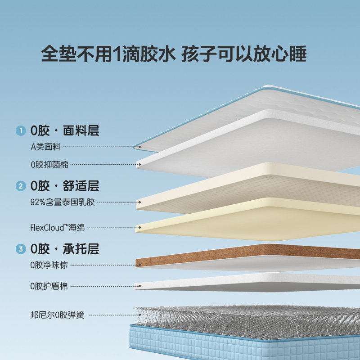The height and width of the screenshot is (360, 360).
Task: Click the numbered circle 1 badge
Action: [20, 131]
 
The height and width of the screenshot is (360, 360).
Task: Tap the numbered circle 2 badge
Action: [20, 186]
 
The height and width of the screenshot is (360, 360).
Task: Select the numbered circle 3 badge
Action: [20, 249]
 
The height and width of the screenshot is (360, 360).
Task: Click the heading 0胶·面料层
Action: [64, 131]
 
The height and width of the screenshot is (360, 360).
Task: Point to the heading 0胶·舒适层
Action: [64, 186]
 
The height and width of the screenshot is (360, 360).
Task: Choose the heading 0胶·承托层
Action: [64, 249]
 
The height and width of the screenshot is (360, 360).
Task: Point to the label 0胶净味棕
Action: [49, 265]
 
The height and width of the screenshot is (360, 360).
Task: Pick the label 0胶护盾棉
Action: [49, 286]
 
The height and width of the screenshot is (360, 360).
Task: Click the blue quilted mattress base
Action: [243, 344]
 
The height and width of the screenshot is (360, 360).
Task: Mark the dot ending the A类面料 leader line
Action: [139, 147]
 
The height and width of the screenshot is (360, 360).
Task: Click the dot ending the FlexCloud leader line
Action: [139, 228]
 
